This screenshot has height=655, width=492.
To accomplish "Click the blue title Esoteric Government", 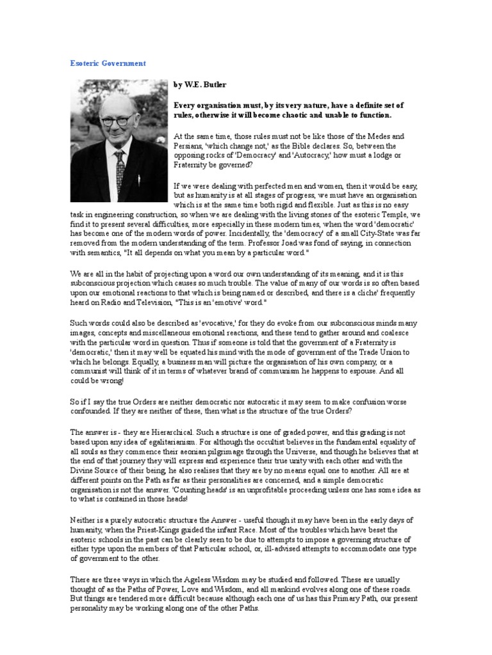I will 108,64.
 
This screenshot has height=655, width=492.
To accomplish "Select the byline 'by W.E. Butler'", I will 200,84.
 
